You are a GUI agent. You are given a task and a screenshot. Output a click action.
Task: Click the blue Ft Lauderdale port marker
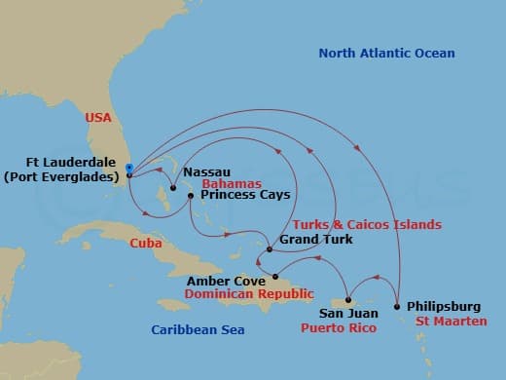[128, 170]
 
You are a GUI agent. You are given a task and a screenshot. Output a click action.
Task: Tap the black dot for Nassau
[172, 188]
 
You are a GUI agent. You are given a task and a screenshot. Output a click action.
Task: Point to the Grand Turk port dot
[269, 249]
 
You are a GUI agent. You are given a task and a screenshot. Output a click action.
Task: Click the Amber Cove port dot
[275, 275]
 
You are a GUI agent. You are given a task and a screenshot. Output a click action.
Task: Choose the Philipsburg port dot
[397, 307]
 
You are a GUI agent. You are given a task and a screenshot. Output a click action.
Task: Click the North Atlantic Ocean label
[387, 54]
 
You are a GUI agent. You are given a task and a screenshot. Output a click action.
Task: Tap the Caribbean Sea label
[198, 330]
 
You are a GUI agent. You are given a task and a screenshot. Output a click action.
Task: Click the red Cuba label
[146, 244]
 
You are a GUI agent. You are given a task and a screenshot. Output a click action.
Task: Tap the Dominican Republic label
[249, 292]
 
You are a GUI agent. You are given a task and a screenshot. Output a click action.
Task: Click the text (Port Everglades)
[59, 176]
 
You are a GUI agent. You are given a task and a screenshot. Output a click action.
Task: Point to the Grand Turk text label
[309, 239]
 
